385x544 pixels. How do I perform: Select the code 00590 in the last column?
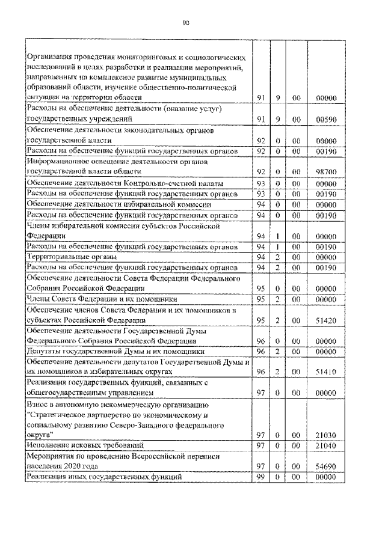pos(325,119)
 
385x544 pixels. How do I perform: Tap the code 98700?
pos(325,172)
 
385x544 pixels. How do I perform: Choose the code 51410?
pos(325,372)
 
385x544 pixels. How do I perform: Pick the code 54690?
pos(325,466)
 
